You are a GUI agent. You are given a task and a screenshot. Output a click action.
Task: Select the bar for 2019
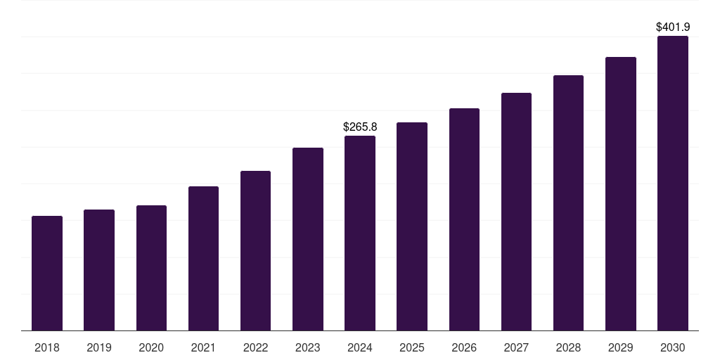click(99, 270)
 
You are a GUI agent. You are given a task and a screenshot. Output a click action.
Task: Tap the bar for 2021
click(203, 258)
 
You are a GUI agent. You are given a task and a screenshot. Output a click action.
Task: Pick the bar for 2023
click(308, 239)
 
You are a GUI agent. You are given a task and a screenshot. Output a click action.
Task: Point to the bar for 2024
click(360, 233)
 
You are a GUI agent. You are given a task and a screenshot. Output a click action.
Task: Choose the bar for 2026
click(464, 219)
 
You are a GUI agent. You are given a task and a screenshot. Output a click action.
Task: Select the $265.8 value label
click(360, 127)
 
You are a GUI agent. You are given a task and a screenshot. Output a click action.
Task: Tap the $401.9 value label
click(673, 27)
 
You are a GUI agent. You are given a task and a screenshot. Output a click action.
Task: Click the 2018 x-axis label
click(47, 347)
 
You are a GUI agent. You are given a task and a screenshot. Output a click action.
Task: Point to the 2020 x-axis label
click(151, 347)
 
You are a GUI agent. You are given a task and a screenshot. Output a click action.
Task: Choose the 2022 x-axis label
click(256, 347)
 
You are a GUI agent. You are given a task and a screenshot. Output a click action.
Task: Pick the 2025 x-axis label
click(412, 347)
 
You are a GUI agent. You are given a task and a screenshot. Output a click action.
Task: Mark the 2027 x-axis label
click(516, 347)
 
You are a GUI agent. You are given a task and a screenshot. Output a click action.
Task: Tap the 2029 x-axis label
click(621, 347)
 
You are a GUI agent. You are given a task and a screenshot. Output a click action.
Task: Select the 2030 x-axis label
click(673, 347)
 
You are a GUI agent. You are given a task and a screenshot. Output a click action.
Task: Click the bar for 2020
click(151, 268)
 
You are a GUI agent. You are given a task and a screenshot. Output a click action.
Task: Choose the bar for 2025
click(412, 226)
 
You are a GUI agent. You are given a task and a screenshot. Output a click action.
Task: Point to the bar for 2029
click(621, 193)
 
